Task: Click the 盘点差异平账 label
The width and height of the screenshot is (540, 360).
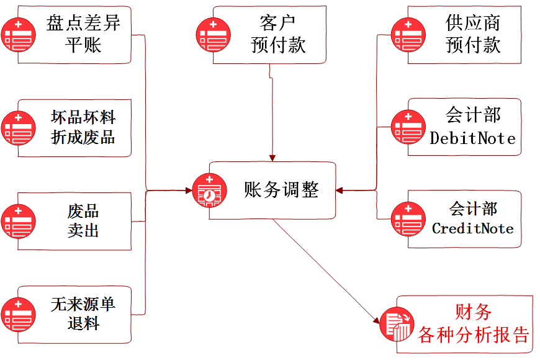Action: (x=83, y=34)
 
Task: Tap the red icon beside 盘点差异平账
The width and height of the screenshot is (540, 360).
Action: (x=18, y=35)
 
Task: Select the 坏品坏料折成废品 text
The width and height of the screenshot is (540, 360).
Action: (x=83, y=127)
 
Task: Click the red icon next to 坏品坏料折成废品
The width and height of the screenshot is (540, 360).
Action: (x=18, y=128)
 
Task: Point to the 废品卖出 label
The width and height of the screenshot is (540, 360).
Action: (x=83, y=220)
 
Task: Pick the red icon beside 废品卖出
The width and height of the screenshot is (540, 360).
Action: (x=18, y=221)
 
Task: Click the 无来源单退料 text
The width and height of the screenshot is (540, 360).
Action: (x=83, y=314)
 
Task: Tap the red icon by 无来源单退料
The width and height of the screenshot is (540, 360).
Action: (x=18, y=315)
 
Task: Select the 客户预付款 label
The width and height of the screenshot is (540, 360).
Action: (x=277, y=34)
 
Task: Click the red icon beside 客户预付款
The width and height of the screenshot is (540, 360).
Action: (x=214, y=35)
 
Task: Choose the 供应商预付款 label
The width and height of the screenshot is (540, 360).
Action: (x=472, y=34)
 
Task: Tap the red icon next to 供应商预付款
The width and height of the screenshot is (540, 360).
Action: (x=408, y=35)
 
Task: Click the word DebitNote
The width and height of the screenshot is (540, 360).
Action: (x=472, y=138)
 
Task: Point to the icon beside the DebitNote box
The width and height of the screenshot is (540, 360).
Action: (x=408, y=127)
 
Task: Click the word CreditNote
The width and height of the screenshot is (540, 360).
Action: (x=472, y=228)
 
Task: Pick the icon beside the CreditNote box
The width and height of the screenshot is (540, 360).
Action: (x=408, y=219)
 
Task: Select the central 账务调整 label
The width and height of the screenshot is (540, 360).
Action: (x=281, y=190)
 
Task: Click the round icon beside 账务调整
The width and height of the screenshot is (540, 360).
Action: (x=209, y=191)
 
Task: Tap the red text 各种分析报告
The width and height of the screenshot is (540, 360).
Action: (x=473, y=335)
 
